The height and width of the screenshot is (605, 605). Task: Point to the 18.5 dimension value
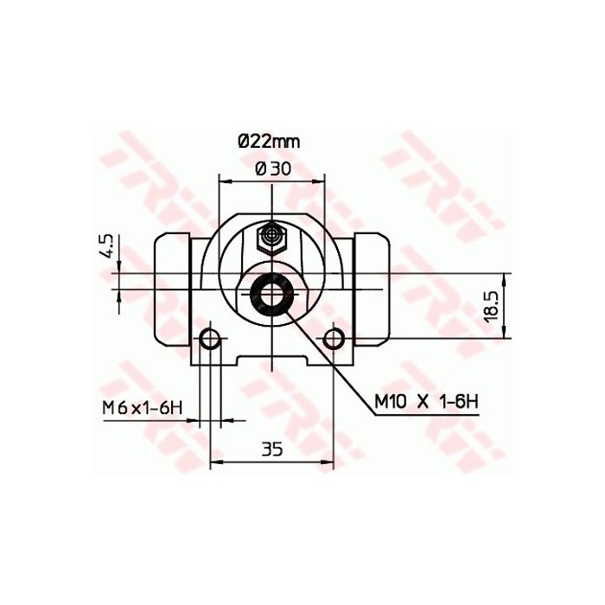[490, 306]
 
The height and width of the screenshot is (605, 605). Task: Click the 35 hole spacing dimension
[272, 449]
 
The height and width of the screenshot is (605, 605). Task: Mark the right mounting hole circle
[334, 339]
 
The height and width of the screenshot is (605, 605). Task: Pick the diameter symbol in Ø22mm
[244, 140]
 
